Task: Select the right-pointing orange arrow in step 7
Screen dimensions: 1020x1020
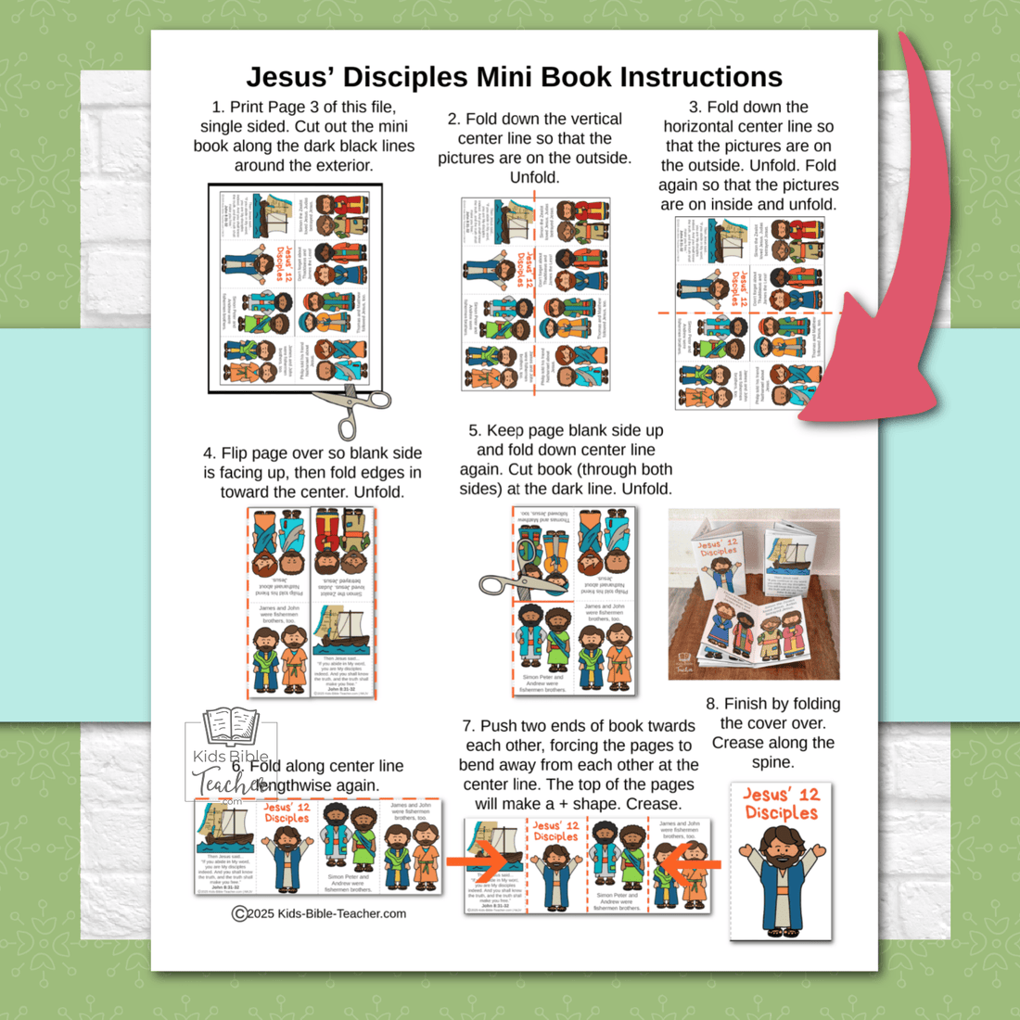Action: [x=476, y=861]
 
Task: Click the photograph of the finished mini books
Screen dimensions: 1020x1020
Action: [x=754, y=593]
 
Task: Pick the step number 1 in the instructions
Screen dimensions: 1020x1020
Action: [x=217, y=108]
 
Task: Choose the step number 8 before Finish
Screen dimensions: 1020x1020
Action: [x=711, y=704]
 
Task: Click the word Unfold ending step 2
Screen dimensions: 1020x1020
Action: [x=534, y=177]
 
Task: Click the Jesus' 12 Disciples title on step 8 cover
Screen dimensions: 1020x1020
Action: [x=781, y=804]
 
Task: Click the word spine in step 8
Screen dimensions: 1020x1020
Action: [x=772, y=762]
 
